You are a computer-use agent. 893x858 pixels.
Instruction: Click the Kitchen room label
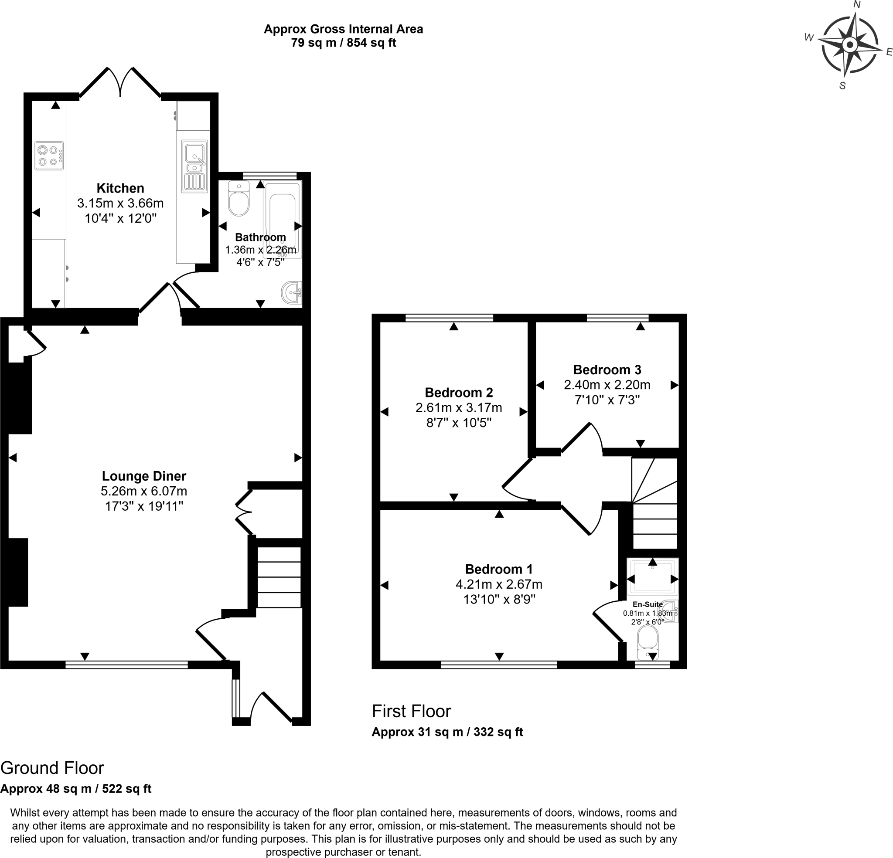(120, 188)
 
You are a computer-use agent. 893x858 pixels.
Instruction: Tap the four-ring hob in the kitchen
(49, 156)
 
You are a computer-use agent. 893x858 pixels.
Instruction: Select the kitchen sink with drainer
(195, 166)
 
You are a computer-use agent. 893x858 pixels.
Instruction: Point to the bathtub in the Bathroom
(283, 219)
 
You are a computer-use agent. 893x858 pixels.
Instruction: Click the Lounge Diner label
(144, 476)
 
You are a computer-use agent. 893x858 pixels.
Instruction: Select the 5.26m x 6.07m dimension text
(144, 491)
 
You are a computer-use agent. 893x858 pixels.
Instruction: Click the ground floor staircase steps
(279, 577)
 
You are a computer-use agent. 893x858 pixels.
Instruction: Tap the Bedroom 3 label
(607, 370)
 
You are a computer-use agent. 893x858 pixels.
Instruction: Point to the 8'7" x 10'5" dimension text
(459, 423)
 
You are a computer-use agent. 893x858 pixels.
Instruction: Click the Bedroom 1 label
(499, 569)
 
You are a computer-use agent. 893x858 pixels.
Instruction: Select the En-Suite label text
(648, 604)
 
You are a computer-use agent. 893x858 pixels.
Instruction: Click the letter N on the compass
(857, 4)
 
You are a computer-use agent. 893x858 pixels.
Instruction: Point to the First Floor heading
(412, 711)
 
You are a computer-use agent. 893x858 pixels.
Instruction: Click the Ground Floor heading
(52, 768)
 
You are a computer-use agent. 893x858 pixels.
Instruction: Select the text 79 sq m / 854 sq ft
(344, 43)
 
